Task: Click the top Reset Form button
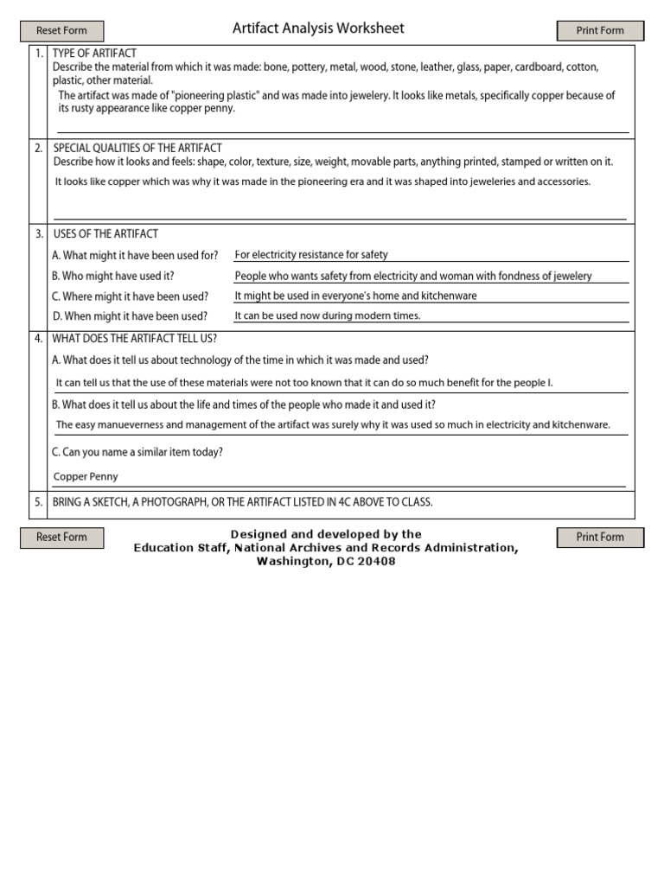point(61,31)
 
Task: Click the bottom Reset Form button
point(61,538)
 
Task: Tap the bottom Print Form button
point(600,538)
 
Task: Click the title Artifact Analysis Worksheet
point(318,29)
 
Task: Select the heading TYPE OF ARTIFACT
point(95,54)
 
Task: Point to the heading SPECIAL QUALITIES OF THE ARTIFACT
point(137,148)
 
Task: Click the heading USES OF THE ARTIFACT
point(105,234)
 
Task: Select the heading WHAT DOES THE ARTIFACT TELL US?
point(135,338)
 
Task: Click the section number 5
point(38,502)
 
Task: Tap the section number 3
point(38,234)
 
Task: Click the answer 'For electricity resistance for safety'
point(311,255)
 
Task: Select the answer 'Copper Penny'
point(86,476)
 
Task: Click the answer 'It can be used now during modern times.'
point(328,316)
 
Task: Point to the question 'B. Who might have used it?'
point(113,276)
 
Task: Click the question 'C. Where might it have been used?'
point(130,296)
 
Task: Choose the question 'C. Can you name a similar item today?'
point(137,452)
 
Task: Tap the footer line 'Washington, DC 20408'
point(326,562)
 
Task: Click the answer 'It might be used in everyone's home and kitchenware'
point(355,296)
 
